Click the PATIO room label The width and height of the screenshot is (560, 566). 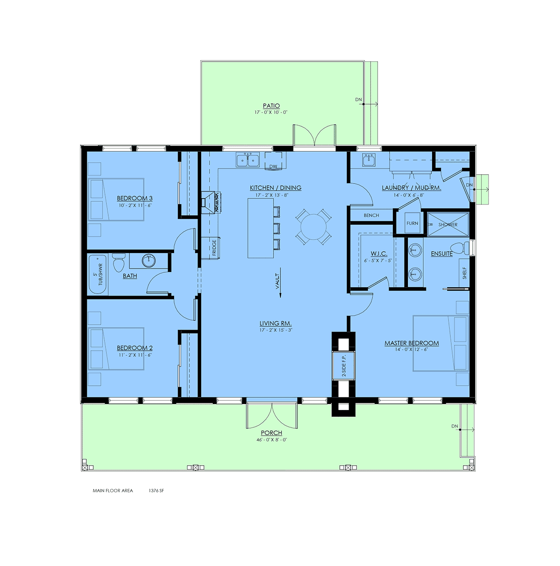tap(271, 106)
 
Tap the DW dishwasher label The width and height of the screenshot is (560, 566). tap(273, 166)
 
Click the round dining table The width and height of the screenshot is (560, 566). tap(313, 227)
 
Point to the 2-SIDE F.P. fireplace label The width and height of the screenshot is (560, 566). tap(343, 365)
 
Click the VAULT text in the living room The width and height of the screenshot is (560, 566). tap(277, 281)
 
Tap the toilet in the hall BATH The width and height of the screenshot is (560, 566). tap(119, 262)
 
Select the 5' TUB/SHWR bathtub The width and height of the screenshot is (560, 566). tap(98, 274)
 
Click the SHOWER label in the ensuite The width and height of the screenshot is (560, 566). tap(448, 225)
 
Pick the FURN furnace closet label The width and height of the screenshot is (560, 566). tap(412, 223)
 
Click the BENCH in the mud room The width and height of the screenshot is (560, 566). tap(371, 215)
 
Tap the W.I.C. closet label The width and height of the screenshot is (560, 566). tap(378, 254)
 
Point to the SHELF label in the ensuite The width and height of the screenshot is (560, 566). tap(464, 273)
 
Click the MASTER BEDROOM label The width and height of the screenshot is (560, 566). tap(412, 343)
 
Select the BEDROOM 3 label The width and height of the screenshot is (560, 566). tap(134, 198)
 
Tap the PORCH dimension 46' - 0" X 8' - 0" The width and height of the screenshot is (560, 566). tap(271, 440)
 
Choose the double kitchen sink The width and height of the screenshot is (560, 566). tap(247, 160)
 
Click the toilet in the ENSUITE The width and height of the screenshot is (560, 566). tap(459, 248)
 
